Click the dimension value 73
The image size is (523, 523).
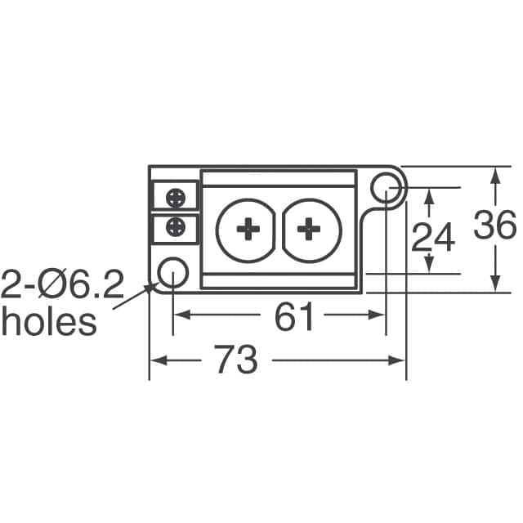point(235,360)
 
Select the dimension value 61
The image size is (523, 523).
point(294,316)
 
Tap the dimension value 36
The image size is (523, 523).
point(495,225)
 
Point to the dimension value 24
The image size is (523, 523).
point(433,237)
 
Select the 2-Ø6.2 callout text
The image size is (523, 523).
point(62,284)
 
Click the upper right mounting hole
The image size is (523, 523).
point(386,188)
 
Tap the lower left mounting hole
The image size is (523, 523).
point(172,272)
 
